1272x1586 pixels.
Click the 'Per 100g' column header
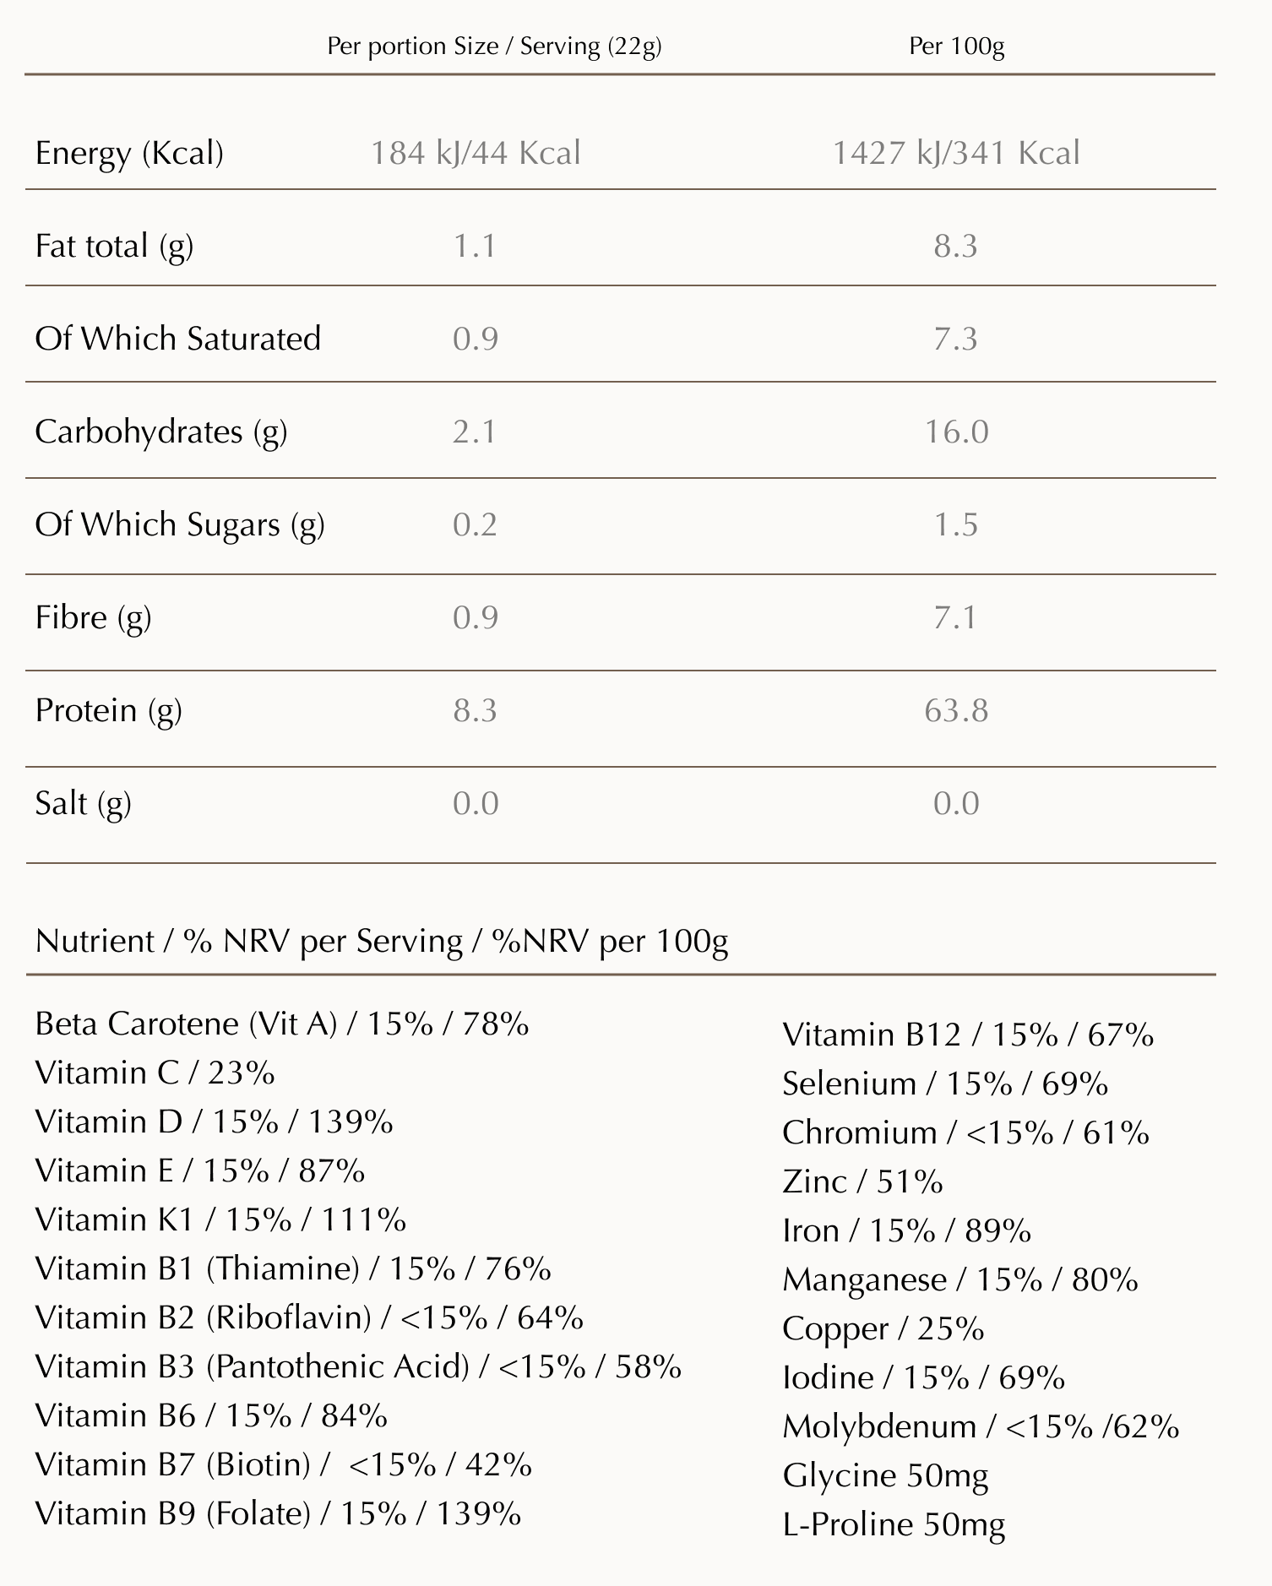point(957,46)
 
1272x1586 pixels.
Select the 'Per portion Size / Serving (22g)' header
point(494,46)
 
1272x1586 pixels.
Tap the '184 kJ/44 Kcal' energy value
point(476,154)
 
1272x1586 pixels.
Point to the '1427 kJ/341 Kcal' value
point(956,154)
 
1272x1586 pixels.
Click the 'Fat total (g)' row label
point(114,247)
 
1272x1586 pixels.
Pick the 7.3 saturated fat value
point(955,339)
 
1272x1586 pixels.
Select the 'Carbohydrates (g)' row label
point(161,432)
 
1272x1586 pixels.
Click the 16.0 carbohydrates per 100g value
point(956,432)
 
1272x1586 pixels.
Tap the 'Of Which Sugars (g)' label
point(180,525)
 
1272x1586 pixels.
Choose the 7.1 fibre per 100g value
point(955,617)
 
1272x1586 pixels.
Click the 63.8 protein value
point(956,710)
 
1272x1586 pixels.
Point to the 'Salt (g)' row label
point(83,804)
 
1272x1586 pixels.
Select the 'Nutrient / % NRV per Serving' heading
point(249,942)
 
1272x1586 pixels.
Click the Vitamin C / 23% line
point(155,1073)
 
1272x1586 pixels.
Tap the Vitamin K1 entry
point(220,1219)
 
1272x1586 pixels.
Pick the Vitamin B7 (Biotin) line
point(284,1464)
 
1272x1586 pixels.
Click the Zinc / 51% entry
point(862,1181)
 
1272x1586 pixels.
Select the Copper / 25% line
point(883,1329)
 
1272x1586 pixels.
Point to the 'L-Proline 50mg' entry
point(894,1525)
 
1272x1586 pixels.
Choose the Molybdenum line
point(981,1426)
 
